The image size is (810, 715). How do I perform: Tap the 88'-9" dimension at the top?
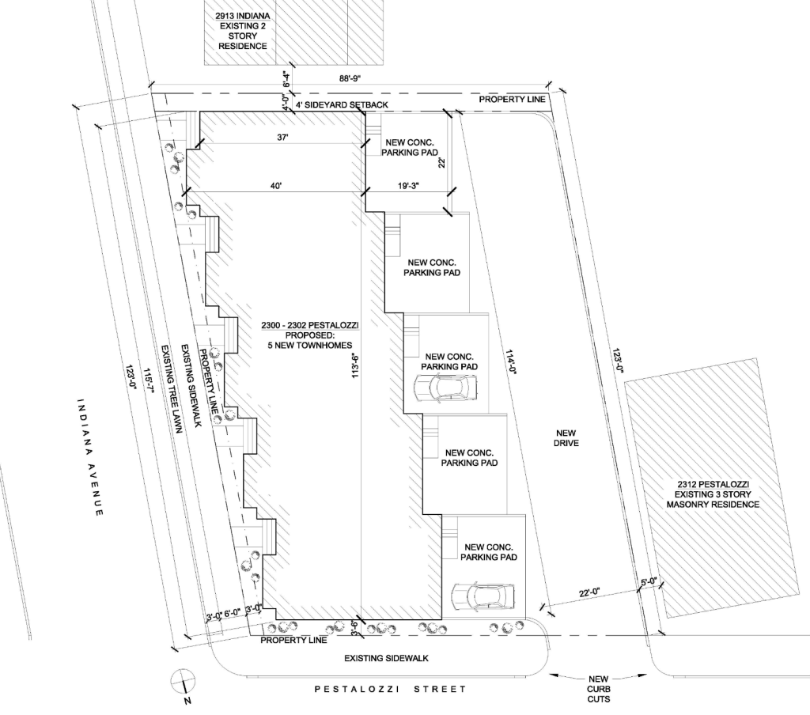350,78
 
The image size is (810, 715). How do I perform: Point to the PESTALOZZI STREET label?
391,689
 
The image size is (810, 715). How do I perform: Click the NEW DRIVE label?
566,438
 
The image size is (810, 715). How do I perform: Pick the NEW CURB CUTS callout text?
598,689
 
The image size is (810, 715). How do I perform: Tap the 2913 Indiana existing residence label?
243,31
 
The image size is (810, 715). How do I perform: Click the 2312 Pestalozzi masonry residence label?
713,494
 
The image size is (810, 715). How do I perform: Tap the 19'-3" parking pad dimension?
408,185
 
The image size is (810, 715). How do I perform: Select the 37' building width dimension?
282,138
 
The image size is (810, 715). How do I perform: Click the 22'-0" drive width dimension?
589,594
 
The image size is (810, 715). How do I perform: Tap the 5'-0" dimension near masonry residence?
648,581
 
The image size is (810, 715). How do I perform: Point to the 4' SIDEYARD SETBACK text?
342,105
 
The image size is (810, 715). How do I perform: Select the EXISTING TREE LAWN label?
172,388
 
